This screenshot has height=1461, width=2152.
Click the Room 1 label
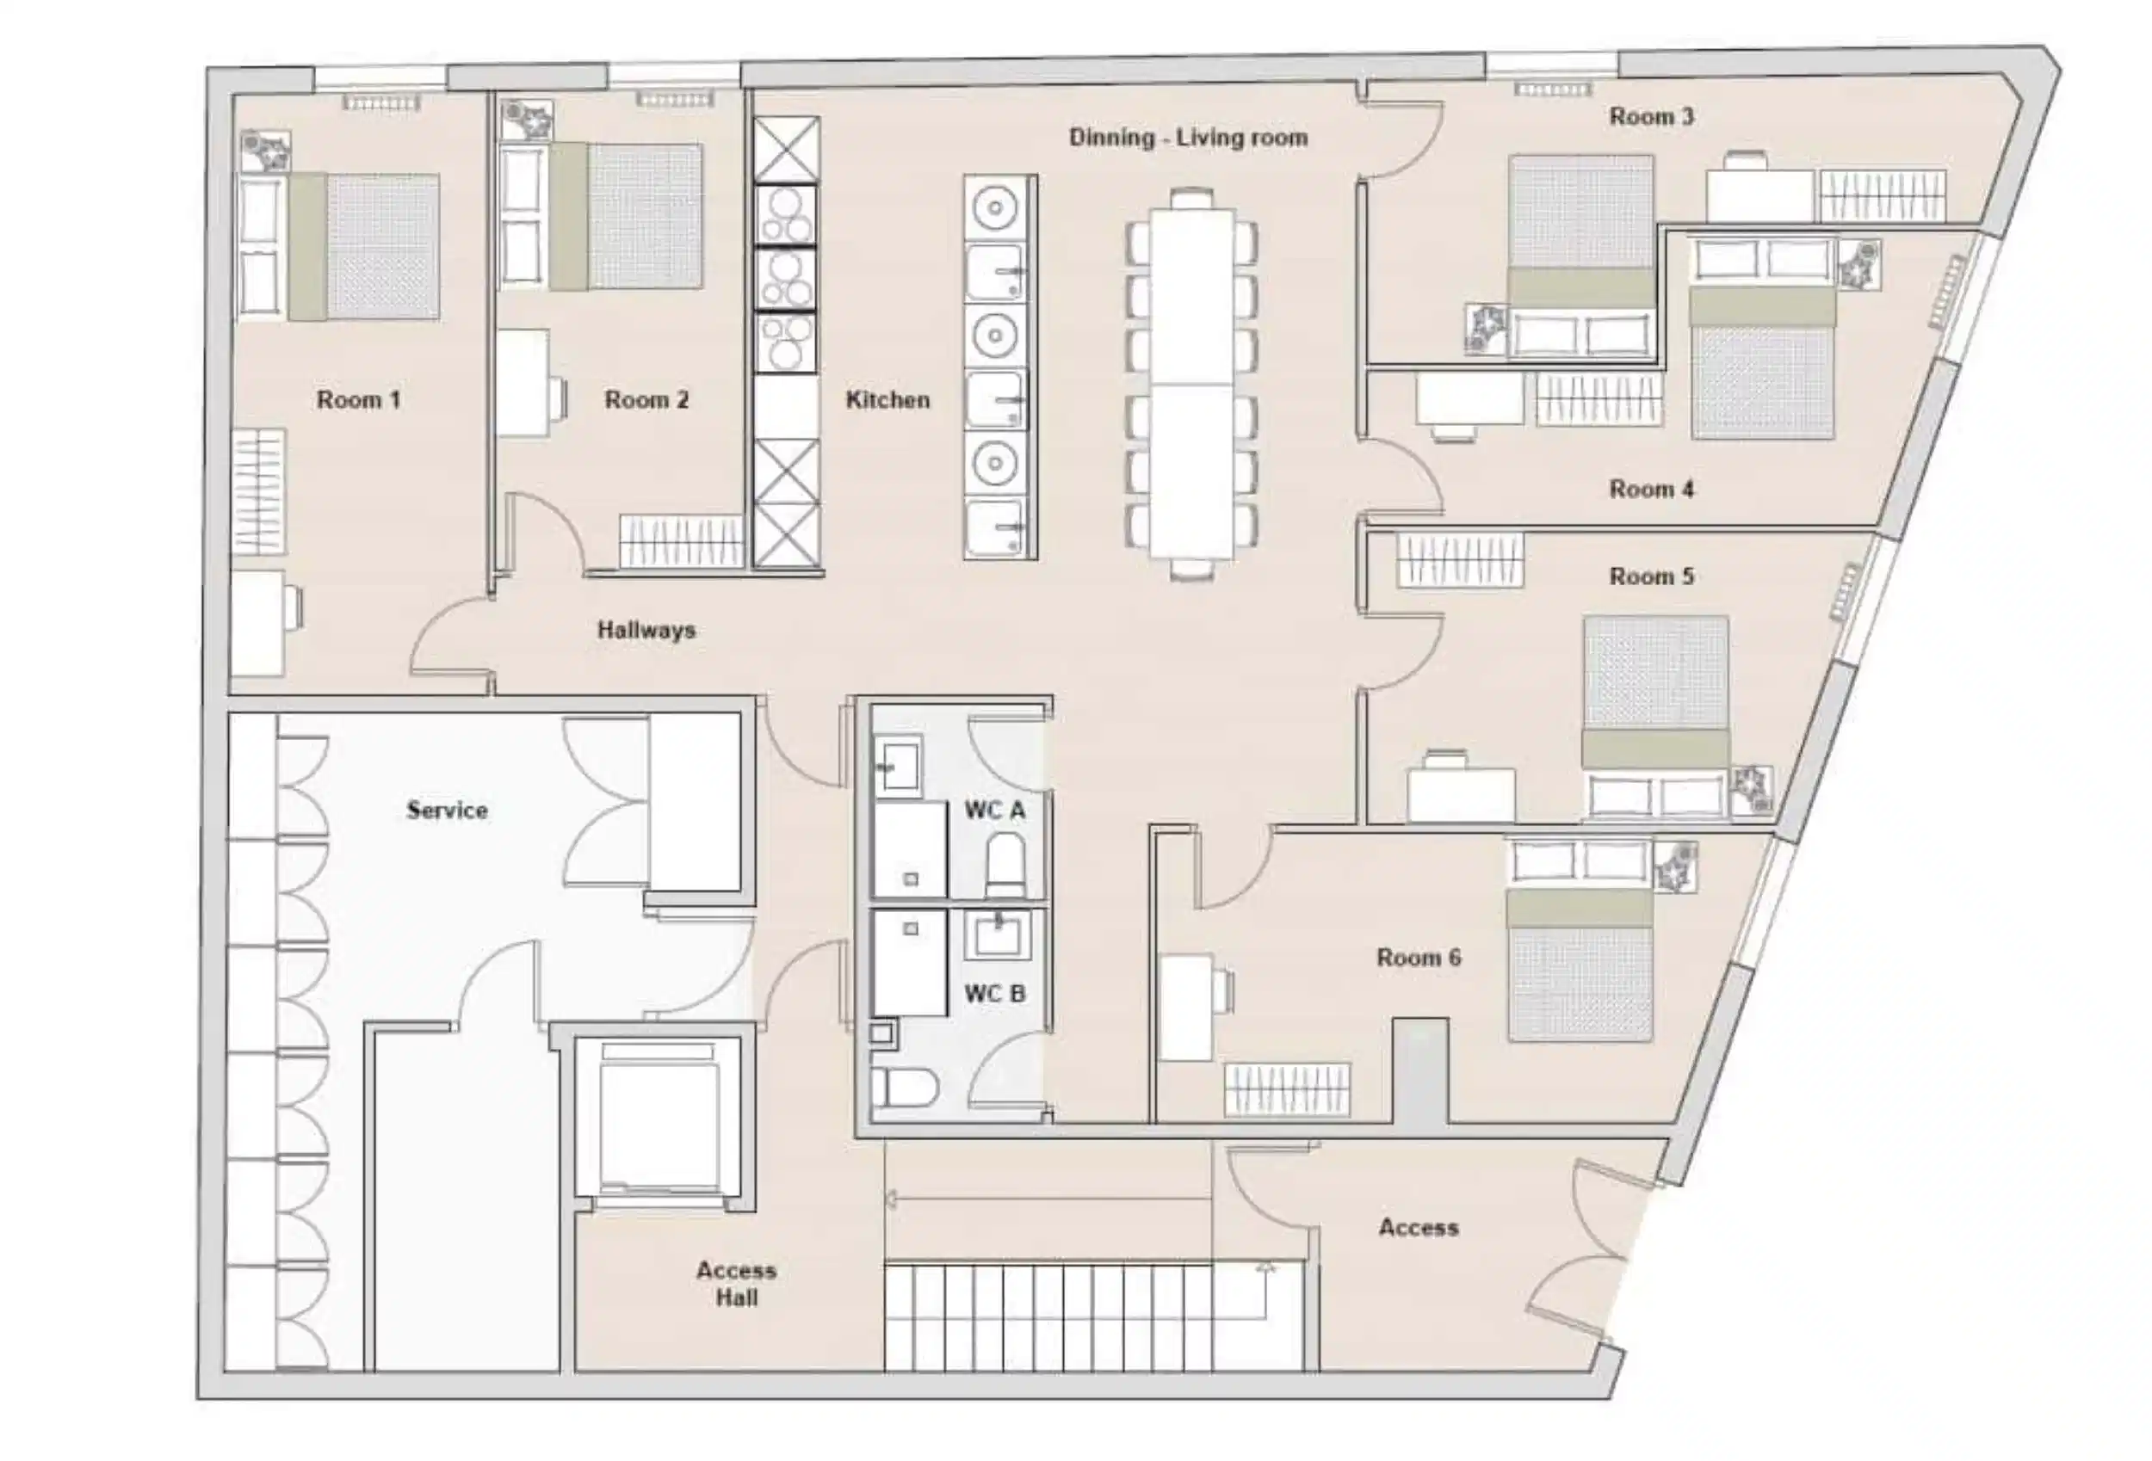click(358, 400)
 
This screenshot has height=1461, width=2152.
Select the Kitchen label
click(887, 400)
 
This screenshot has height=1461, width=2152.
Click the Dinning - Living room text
click(1188, 138)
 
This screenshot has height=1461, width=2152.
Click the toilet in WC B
click(904, 1088)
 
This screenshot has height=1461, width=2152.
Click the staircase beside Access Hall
click(1047, 1316)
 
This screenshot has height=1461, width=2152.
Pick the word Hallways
click(646, 631)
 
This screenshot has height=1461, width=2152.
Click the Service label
click(447, 811)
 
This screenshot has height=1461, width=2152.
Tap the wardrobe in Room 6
click(1287, 1090)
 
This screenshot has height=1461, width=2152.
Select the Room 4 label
click(1651, 489)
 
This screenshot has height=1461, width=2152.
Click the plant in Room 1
click(265, 151)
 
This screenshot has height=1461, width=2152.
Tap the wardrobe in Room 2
click(682, 540)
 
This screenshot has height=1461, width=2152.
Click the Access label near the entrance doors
click(1418, 1228)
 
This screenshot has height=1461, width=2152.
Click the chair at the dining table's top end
click(1190, 198)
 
